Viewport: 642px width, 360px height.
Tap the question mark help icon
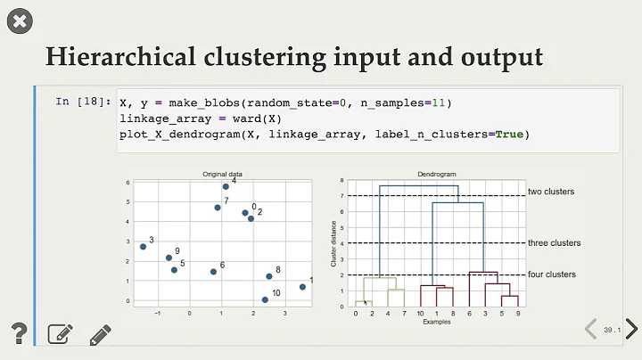tap(20, 334)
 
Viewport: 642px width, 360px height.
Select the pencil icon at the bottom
tap(100, 334)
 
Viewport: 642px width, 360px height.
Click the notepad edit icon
tap(60, 334)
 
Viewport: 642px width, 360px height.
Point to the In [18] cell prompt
tap(83, 102)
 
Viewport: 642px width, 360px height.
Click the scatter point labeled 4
tap(226, 186)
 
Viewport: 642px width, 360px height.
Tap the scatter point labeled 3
tap(143, 246)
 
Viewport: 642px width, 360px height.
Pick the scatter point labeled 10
tap(265, 299)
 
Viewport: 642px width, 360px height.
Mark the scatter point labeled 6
tap(213, 271)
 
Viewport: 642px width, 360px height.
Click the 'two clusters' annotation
tap(551, 192)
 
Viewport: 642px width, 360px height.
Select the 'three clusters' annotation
tap(554, 242)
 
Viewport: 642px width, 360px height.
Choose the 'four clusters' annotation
tap(552, 274)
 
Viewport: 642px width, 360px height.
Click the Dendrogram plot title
tap(431, 173)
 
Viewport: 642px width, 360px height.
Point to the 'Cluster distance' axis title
tap(334, 244)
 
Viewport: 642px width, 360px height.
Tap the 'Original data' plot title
tap(223, 174)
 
